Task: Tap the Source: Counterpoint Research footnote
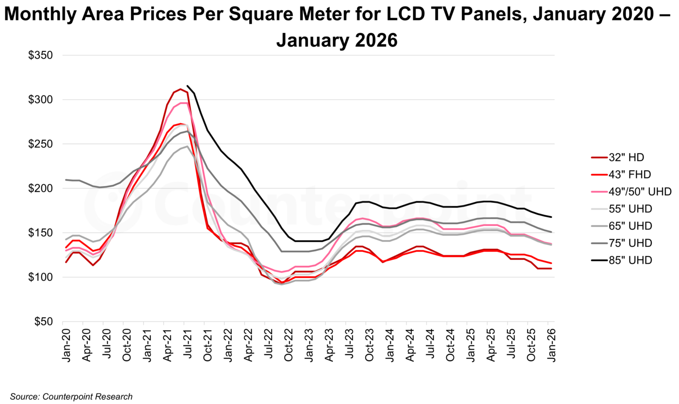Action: point(71,396)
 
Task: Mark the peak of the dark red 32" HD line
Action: point(180,89)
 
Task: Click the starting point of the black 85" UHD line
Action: point(187,85)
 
